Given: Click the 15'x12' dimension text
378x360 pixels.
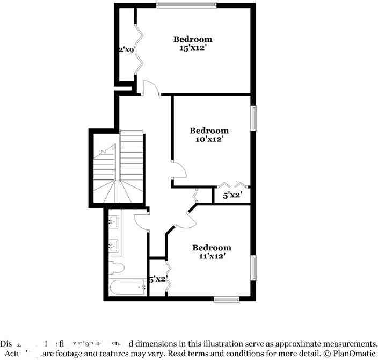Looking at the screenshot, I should pyautogui.click(x=192, y=48).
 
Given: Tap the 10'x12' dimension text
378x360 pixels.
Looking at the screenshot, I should pyautogui.click(x=209, y=139).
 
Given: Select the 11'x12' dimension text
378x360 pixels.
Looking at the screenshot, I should pyautogui.click(x=212, y=256).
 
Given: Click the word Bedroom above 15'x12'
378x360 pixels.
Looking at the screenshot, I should pyautogui.click(x=192, y=39).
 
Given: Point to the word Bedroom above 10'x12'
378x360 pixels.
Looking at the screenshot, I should pyautogui.click(x=209, y=131).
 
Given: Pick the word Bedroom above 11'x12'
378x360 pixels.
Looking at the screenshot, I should pyautogui.click(x=212, y=248).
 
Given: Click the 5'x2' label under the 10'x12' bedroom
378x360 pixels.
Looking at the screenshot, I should pyautogui.click(x=232, y=195).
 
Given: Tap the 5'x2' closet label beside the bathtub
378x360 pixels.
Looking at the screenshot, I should pyautogui.click(x=158, y=279).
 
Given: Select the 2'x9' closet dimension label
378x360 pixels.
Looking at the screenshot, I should pyautogui.click(x=127, y=49).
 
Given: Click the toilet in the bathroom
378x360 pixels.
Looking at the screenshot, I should pyautogui.click(x=117, y=268).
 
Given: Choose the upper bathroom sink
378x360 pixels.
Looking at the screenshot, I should pyautogui.click(x=114, y=221).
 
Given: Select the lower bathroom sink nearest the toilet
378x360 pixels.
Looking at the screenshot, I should pyautogui.click(x=114, y=246).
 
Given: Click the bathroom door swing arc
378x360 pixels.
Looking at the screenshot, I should pyautogui.click(x=141, y=220).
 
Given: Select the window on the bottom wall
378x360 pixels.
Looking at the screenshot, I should pyautogui.click(x=226, y=299).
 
